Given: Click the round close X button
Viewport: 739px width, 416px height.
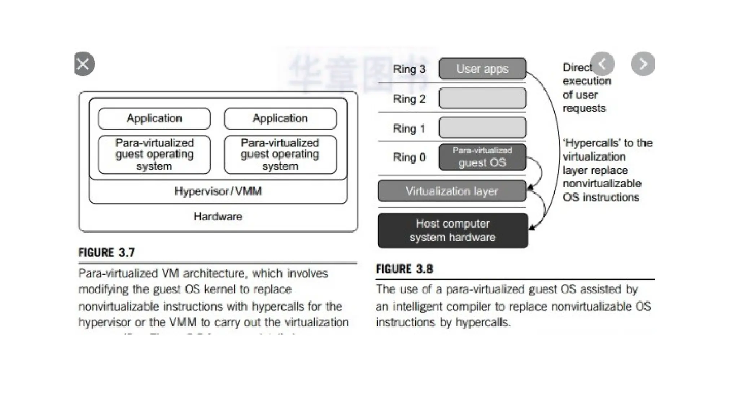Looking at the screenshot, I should click(84, 64).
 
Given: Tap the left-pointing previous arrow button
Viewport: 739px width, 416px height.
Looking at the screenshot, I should click(602, 64).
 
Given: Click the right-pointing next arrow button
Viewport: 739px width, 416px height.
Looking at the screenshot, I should click(643, 64).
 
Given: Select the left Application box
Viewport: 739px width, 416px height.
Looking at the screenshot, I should click(154, 118).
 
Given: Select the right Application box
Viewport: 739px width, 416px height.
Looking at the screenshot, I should click(280, 118).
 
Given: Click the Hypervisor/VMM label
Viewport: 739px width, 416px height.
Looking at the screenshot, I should click(218, 191).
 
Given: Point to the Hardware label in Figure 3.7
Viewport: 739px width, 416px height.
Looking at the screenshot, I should click(218, 217).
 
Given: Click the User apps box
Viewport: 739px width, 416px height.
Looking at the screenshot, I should click(482, 69).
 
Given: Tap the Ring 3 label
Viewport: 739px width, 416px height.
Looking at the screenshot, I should click(409, 69).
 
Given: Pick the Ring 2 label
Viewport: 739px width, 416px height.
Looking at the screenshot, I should click(409, 99).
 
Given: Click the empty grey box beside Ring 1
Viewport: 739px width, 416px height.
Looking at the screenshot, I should click(482, 127).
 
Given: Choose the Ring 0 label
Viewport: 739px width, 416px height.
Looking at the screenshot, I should click(409, 157).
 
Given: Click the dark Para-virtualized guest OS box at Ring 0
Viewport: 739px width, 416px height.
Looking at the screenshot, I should click(482, 157).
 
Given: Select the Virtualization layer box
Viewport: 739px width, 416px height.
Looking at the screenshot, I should click(452, 191).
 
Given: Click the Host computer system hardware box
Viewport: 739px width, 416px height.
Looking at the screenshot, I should click(453, 230).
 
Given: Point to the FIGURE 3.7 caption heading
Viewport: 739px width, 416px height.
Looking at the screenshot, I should click(106, 253).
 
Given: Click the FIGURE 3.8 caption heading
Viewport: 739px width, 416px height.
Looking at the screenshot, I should click(404, 269).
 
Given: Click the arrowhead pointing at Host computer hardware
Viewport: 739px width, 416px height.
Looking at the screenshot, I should click(532, 227).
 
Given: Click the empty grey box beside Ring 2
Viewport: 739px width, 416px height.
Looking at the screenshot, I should click(482, 98).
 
